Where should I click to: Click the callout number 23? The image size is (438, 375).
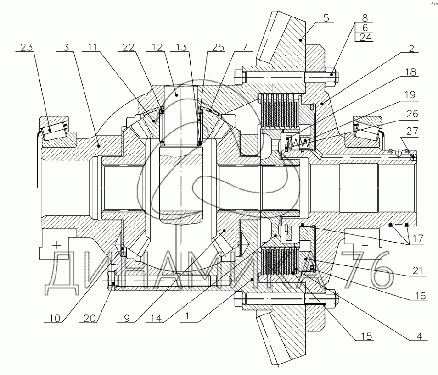coord(27,46)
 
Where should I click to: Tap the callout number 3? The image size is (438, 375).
coord(67,46)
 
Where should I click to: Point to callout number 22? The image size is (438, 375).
coord(129,46)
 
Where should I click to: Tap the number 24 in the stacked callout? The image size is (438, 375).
coord(366,38)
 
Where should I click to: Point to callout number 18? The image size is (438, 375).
coord(410,72)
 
